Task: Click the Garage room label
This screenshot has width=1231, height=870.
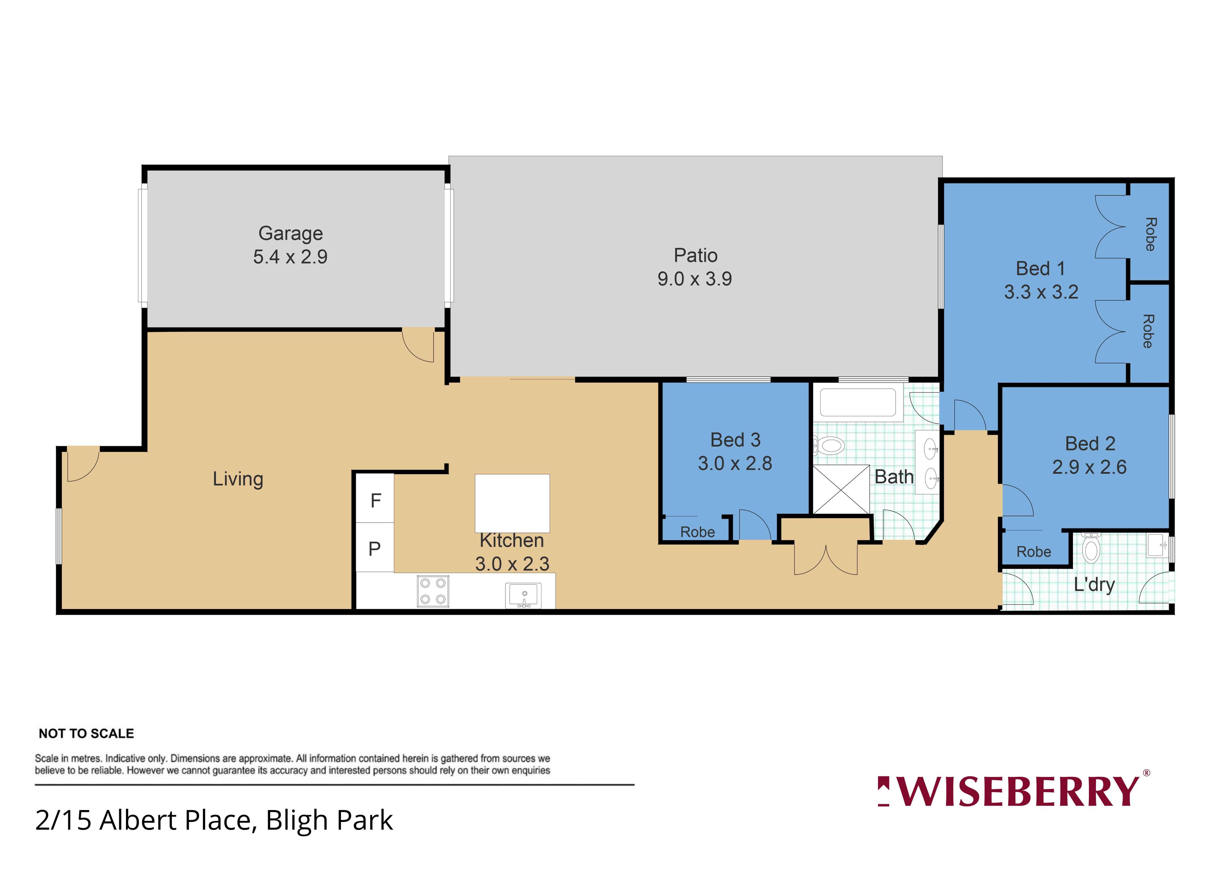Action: (290, 234)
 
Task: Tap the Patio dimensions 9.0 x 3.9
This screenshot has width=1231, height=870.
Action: (695, 279)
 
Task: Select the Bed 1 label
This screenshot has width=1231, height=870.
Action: (1040, 269)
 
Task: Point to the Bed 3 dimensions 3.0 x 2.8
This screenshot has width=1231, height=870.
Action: (735, 463)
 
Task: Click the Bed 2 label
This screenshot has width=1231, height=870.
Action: (1090, 444)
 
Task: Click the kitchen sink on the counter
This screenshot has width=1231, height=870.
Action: (523, 596)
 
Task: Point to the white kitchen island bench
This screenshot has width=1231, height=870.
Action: (512, 503)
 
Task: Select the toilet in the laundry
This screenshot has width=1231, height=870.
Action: (1091, 547)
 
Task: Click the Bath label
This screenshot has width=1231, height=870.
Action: (894, 477)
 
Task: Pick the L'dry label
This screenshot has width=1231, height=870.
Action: (1094, 585)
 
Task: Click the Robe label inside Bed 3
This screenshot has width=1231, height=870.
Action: (698, 532)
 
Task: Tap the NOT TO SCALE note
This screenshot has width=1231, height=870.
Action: (86, 733)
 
